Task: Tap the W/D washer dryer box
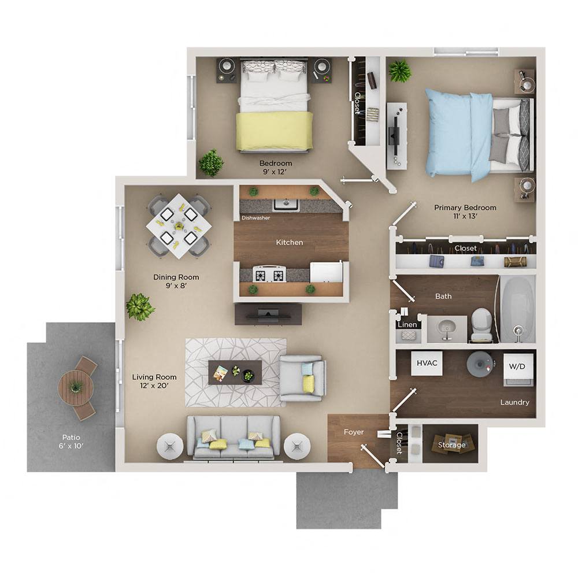(518, 366)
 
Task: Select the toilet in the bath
(481, 325)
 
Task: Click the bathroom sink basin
(446, 327)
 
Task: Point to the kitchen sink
(286, 204)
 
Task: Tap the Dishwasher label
(255, 218)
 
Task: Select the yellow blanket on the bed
(274, 131)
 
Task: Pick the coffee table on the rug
(235, 373)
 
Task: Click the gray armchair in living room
(302, 378)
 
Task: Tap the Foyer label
(354, 432)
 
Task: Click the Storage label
(451, 444)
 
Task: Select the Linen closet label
(407, 325)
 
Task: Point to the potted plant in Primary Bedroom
(399, 71)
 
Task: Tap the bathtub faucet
(517, 332)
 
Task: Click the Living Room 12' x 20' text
(154, 381)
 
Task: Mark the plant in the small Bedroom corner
(211, 162)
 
